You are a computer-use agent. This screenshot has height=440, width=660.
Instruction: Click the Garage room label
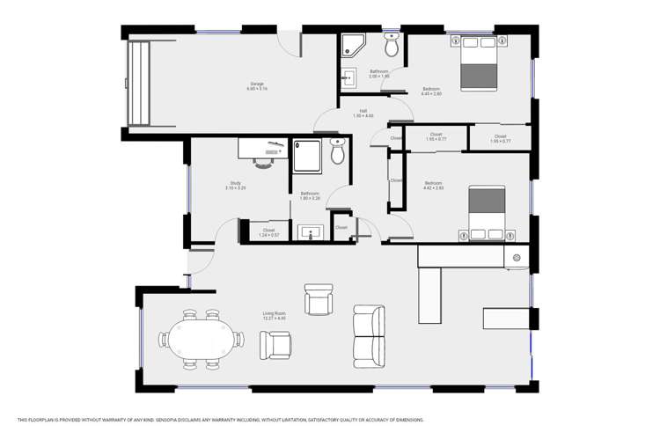(256, 84)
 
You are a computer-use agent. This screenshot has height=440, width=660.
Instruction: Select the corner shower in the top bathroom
(354, 45)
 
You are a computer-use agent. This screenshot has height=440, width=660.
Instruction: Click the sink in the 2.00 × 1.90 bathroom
(348, 77)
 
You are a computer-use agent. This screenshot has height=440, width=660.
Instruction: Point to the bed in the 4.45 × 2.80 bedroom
(479, 63)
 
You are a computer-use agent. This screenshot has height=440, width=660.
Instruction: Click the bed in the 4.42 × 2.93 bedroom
(487, 213)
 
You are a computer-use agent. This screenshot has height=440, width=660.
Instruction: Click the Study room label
(235, 184)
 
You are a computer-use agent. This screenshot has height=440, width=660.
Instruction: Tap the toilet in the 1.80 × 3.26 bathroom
(337, 151)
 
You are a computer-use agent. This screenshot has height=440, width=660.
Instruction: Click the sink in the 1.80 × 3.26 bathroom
(311, 232)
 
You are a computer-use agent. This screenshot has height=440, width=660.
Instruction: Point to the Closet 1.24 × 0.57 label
(268, 232)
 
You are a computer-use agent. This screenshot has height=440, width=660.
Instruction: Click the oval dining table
(202, 338)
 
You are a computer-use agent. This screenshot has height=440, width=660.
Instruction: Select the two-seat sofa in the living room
(368, 336)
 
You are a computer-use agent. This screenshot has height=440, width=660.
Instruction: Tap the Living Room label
(274, 314)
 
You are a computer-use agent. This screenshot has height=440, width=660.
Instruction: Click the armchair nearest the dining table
(275, 344)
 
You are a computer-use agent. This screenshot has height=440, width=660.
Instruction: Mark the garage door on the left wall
(138, 84)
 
